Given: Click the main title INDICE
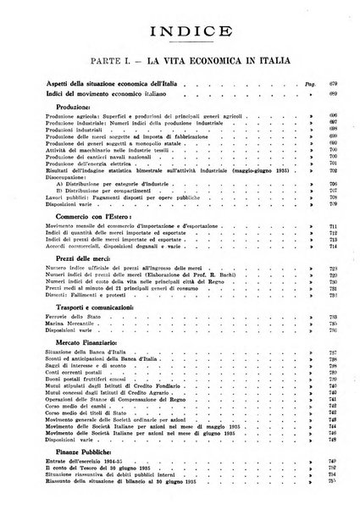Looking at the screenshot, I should (179, 35).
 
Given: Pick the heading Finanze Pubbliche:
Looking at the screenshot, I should (84, 468).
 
